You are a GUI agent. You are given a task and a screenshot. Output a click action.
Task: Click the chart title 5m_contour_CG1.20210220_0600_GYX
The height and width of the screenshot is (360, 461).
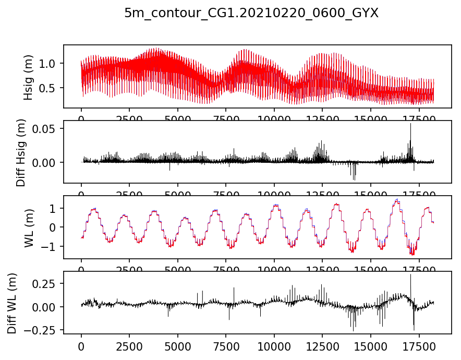251,14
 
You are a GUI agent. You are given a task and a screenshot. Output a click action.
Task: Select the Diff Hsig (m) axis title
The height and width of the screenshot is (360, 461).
21,152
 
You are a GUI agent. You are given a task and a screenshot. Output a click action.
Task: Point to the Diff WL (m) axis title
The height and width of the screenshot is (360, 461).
11,302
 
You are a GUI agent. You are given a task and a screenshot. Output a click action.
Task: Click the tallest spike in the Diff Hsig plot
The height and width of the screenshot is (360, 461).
410,124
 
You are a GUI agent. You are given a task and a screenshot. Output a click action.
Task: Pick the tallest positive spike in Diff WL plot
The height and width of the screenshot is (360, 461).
410,275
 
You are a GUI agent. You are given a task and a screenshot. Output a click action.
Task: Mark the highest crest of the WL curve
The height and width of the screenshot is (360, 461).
397,199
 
